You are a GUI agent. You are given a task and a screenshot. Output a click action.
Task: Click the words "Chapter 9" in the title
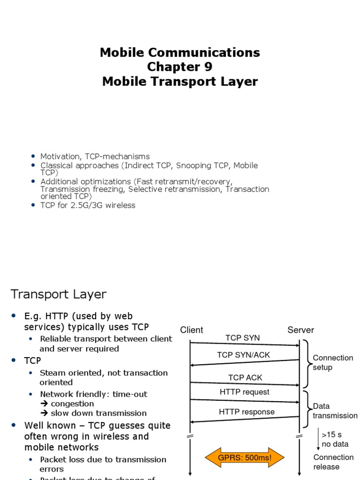click(x=180, y=67)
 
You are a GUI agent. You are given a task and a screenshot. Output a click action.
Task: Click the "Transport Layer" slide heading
click(x=59, y=294)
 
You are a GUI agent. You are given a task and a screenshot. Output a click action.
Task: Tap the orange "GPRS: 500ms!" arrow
click(x=238, y=457)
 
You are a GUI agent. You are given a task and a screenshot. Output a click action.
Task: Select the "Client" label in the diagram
click(x=192, y=330)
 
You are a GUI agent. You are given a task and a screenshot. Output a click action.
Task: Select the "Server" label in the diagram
click(x=300, y=330)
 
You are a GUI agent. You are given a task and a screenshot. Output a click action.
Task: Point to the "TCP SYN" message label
click(x=242, y=338)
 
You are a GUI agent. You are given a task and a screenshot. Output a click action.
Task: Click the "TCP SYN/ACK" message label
click(x=243, y=355)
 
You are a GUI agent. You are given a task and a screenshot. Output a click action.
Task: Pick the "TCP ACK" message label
click(x=245, y=377)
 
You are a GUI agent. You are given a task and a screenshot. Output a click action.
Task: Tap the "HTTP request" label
click(x=244, y=392)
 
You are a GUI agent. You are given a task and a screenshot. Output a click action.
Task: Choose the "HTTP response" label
click(x=247, y=412)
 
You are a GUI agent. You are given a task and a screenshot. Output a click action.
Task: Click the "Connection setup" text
click(x=333, y=362)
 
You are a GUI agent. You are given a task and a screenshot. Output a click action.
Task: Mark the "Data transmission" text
click(x=335, y=411)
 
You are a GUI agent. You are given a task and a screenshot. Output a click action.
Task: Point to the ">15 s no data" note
click(x=335, y=439)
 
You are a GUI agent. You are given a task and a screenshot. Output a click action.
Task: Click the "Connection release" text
click(x=333, y=462)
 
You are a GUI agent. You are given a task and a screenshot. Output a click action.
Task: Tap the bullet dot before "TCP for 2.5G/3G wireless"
click(x=33, y=205)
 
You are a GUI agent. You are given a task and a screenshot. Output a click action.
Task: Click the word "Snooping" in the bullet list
click(x=192, y=165)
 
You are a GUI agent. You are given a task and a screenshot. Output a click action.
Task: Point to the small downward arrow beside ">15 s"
click(x=318, y=439)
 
